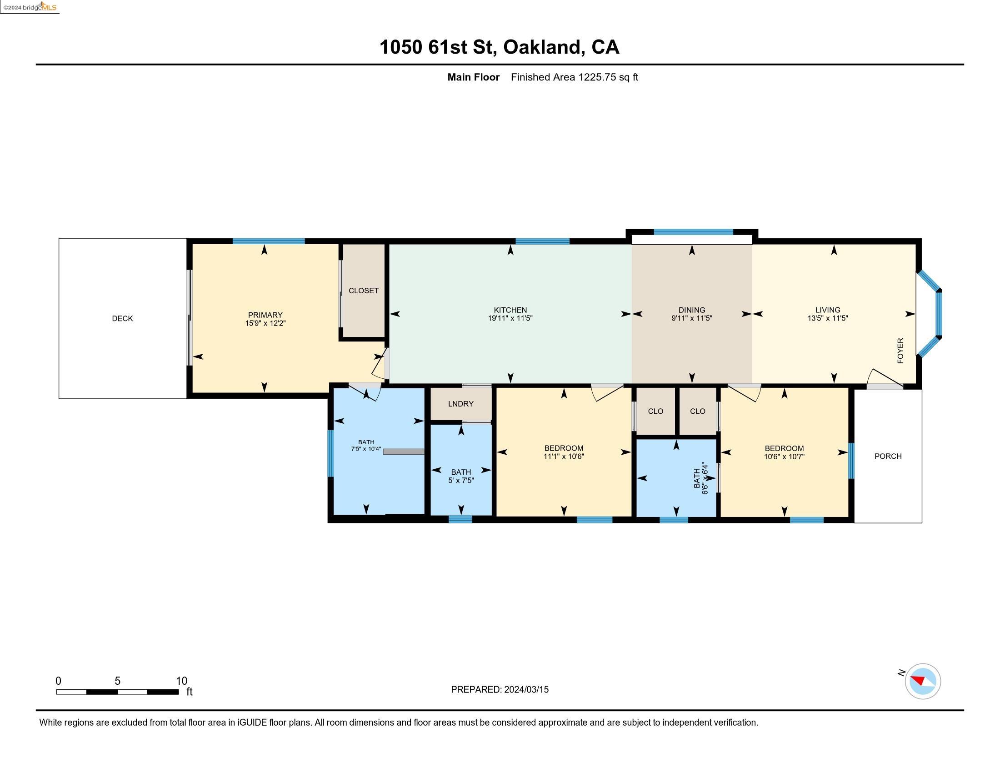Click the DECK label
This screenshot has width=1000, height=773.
click(122, 318)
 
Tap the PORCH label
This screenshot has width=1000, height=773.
click(888, 456)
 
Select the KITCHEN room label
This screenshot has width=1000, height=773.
click(510, 310)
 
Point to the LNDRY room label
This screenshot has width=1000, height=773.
click(460, 403)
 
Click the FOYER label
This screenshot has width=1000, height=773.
click(900, 351)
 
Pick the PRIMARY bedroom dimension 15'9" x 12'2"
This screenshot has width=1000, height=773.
click(265, 323)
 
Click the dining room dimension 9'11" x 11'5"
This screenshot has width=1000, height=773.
click(692, 318)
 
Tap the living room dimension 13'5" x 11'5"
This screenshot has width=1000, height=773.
click(828, 318)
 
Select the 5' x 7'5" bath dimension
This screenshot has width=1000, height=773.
click(461, 480)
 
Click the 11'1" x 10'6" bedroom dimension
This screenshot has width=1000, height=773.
click(564, 456)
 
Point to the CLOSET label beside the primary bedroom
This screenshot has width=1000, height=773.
click(364, 291)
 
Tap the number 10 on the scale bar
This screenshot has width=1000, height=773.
click(182, 681)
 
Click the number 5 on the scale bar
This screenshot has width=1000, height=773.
click(118, 681)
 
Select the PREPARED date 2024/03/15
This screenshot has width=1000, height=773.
click(526, 690)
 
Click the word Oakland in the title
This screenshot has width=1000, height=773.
click(543, 47)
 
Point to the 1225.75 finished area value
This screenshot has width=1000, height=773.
click(597, 77)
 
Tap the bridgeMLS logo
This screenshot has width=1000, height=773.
click(30, 7)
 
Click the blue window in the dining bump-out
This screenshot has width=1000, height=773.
click(693, 232)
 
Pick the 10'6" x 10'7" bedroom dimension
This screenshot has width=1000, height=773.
click(785, 457)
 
